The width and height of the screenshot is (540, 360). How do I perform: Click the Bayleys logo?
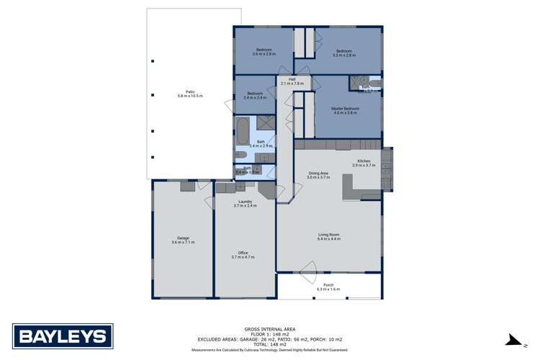pos(63,336)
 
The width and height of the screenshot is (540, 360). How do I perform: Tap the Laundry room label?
pos(245,202)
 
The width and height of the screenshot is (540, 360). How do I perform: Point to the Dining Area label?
pos(318,173)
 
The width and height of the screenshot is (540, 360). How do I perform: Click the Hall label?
pos(292,79)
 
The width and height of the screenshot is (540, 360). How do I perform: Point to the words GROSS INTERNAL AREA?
pos(269,325)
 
